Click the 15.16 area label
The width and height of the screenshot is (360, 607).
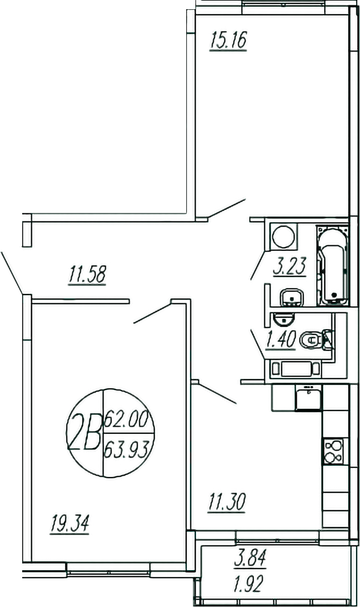[x=228, y=41]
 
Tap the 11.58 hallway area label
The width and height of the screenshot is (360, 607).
[x=87, y=274]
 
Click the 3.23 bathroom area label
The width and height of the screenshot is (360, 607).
[x=290, y=266]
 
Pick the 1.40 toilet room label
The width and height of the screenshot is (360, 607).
[x=280, y=340]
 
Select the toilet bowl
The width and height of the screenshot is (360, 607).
[x=311, y=340]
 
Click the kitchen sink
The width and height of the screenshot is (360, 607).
[x=308, y=398]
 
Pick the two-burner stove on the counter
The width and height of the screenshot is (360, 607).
[x=333, y=451]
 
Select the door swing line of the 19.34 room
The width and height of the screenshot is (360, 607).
[x=153, y=314]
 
